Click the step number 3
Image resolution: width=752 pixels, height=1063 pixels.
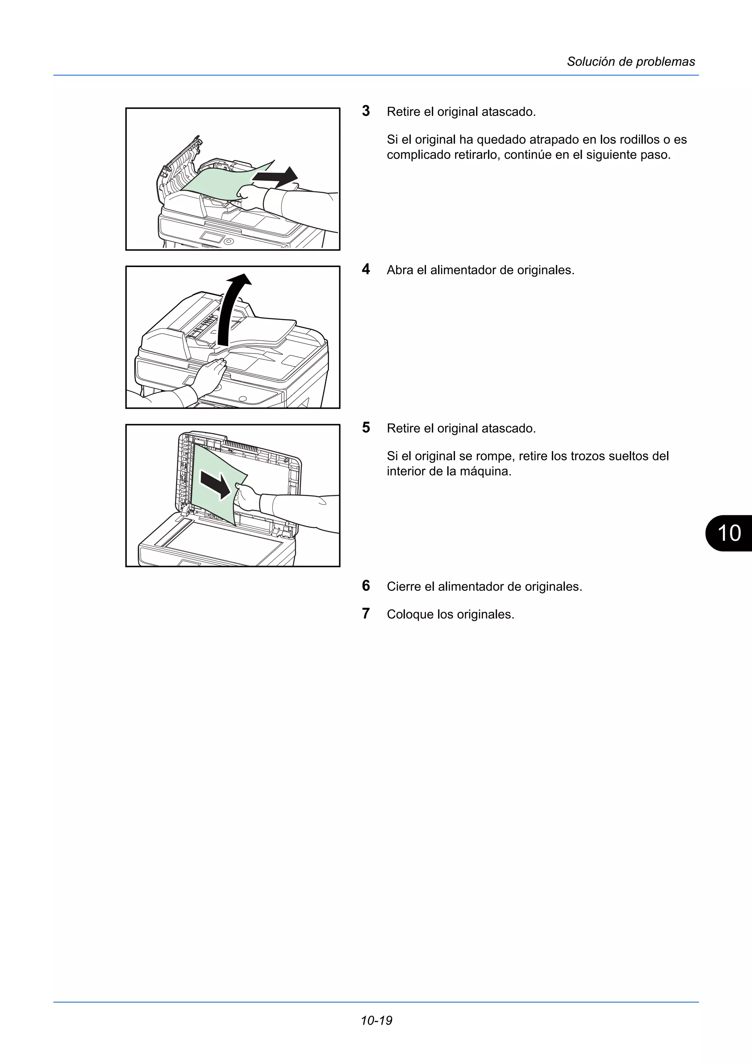pos(366,111)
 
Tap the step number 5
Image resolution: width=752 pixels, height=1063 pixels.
pos(366,427)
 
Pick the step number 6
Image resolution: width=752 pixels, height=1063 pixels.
pos(366,586)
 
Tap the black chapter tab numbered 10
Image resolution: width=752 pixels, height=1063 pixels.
pos(729,533)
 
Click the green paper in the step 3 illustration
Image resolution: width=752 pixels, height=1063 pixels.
pos(218,183)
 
